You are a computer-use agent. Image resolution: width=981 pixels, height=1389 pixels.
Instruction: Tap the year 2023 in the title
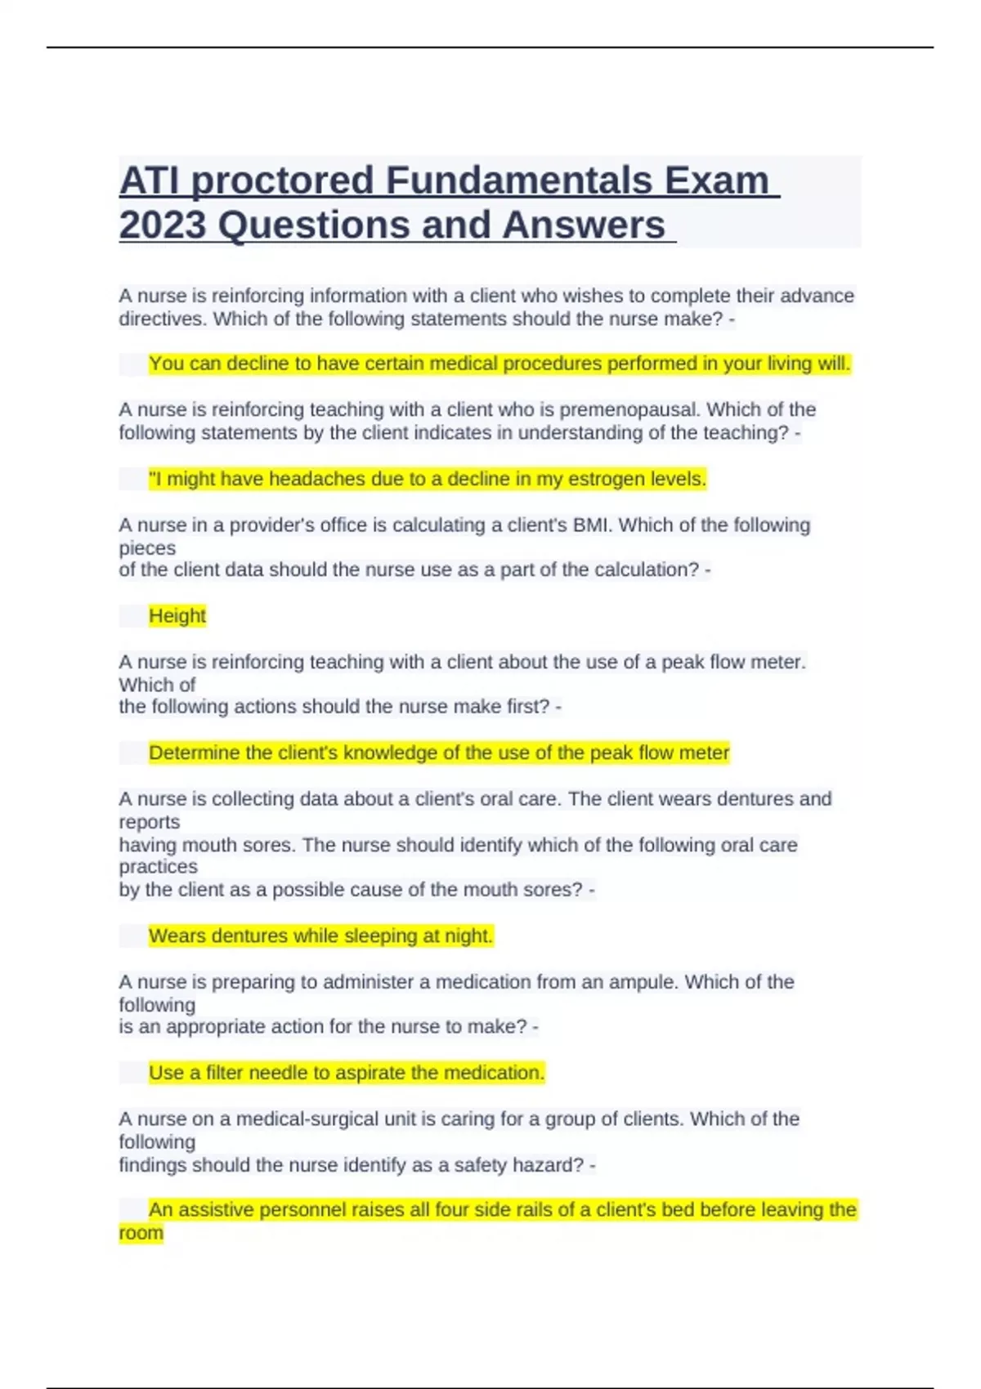coord(162,226)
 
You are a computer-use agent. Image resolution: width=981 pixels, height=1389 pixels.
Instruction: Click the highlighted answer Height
coord(177,615)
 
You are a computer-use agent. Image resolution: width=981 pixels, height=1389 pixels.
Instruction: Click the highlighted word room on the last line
coord(141,1233)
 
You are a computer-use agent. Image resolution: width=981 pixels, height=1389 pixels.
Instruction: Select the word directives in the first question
coord(160,319)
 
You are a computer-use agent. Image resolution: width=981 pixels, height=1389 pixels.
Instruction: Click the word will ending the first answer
coord(834,364)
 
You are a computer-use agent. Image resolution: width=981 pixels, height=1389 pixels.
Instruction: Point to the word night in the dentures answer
coord(468,936)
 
